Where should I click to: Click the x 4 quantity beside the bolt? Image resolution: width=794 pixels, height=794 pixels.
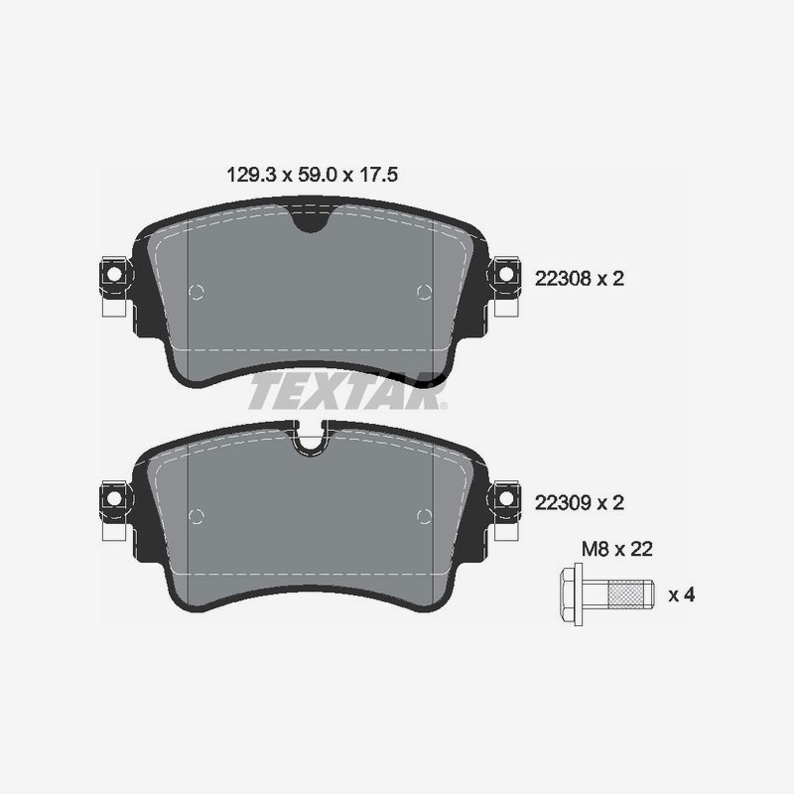pyautogui.click(x=681, y=595)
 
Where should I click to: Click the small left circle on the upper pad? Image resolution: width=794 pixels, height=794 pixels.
pyautogui.click(x=196, y=292)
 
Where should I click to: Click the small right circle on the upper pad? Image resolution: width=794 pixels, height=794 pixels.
pyautogui.click(x=425, y=292)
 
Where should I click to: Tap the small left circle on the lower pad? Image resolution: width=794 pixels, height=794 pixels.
pyautogui.click(x=196, y=514)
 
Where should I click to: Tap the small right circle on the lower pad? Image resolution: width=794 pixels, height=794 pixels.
pyautogui.click(x=425, y=514)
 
